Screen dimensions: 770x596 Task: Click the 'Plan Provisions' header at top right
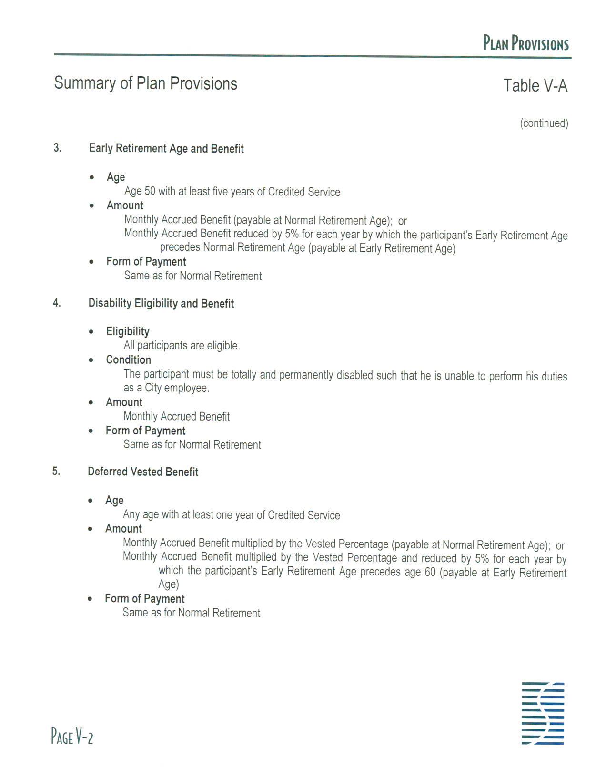525,43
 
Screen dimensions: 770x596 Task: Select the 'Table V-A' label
535,86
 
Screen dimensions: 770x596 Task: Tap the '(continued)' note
544,123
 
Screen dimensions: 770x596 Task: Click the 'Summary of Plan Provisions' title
145,83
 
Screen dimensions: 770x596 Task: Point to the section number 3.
57,148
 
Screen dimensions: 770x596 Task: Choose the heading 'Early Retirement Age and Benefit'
166,149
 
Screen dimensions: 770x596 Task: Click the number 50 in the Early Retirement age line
150,192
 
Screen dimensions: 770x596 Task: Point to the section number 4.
57,303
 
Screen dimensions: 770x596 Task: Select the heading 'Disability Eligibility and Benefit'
161,304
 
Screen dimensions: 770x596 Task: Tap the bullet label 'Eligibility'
127,331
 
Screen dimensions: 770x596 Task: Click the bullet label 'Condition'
128,360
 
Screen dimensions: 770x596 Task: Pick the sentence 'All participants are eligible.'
182,346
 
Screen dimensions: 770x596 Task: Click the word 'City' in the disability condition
153,388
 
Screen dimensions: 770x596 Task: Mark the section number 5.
56,472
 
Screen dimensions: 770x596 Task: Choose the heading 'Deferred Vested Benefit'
143,472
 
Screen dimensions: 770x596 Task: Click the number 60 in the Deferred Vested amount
430,572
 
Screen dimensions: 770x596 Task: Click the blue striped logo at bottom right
543,713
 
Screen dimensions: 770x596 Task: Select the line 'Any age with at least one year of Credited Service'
231,515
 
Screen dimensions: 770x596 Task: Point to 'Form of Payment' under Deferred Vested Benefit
144,599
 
